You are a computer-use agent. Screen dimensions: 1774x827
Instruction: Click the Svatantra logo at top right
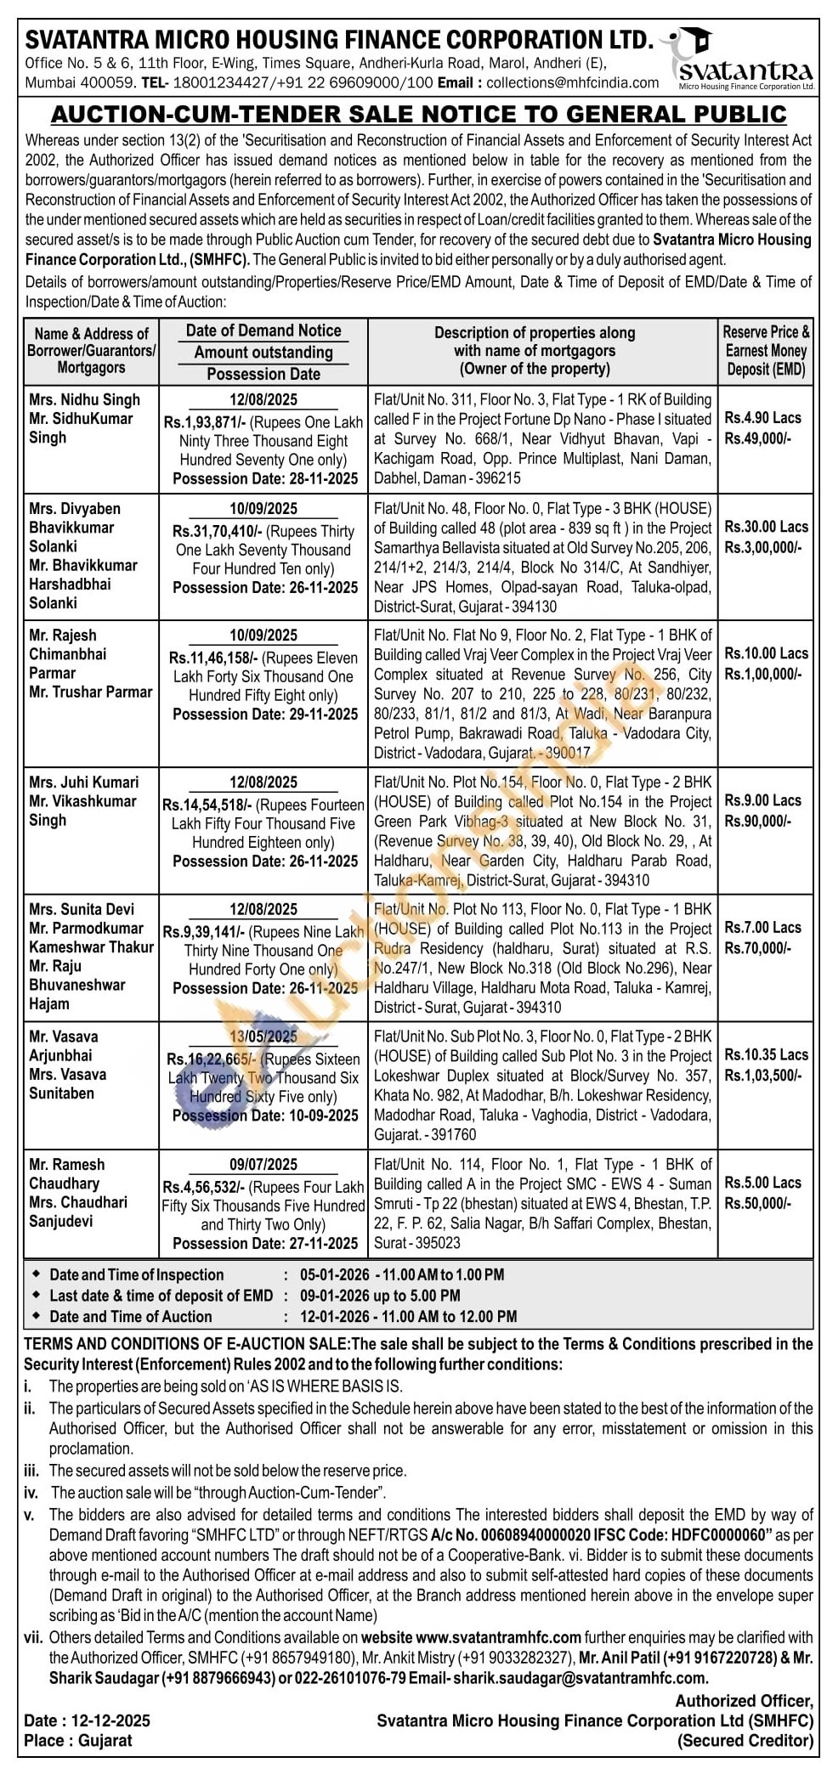(x=745, y=59)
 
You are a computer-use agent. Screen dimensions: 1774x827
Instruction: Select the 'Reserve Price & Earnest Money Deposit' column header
(x=766, y=350)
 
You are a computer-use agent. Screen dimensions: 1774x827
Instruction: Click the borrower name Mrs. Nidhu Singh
(x=84, y=399)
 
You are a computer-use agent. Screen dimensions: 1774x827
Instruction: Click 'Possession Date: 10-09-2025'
(x=265, y=1116)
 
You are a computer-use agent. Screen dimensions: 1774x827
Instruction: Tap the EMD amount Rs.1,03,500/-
(x=762, y=1075)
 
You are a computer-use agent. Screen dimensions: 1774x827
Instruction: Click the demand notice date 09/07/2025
(x=263, y=1165)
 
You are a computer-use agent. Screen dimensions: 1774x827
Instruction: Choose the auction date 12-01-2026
(x=334, y=1316)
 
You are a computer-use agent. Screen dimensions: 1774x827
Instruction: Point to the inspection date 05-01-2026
(x=334, y=1274)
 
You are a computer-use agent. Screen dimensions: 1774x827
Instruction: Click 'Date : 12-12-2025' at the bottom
(x=88, y=1720)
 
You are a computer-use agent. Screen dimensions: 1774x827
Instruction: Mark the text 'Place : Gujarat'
(x=78, y=1740)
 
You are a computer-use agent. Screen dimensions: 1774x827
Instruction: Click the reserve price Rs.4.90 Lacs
(x=762, y=417)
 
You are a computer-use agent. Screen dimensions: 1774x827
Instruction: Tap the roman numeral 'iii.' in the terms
(x=32, y=1471)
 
